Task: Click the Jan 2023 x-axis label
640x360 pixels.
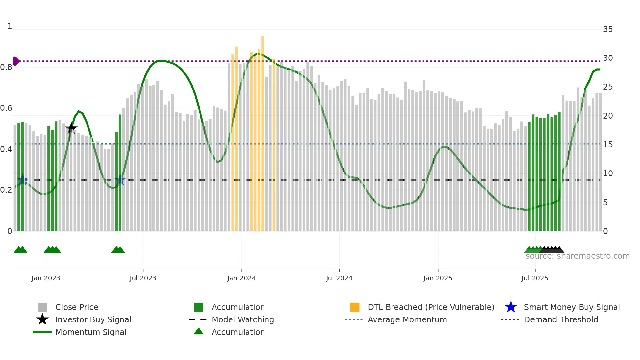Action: point(46,278)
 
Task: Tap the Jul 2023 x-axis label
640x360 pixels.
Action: point(143,278)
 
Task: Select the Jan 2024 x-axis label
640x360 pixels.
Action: point(241,278)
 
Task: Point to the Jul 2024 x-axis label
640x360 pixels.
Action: point(339,278)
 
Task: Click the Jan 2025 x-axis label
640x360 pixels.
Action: point(438,278)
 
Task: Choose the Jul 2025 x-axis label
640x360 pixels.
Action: point(535,278)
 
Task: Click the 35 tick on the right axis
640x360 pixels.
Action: point(608,29)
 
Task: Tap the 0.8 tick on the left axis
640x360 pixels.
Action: point(6,67)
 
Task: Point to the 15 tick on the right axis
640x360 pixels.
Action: point(608,144)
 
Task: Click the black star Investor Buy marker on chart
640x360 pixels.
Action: point(71,128)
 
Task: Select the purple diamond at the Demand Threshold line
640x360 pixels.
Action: point(16,61)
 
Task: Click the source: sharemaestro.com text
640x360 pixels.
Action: point(577,256)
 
